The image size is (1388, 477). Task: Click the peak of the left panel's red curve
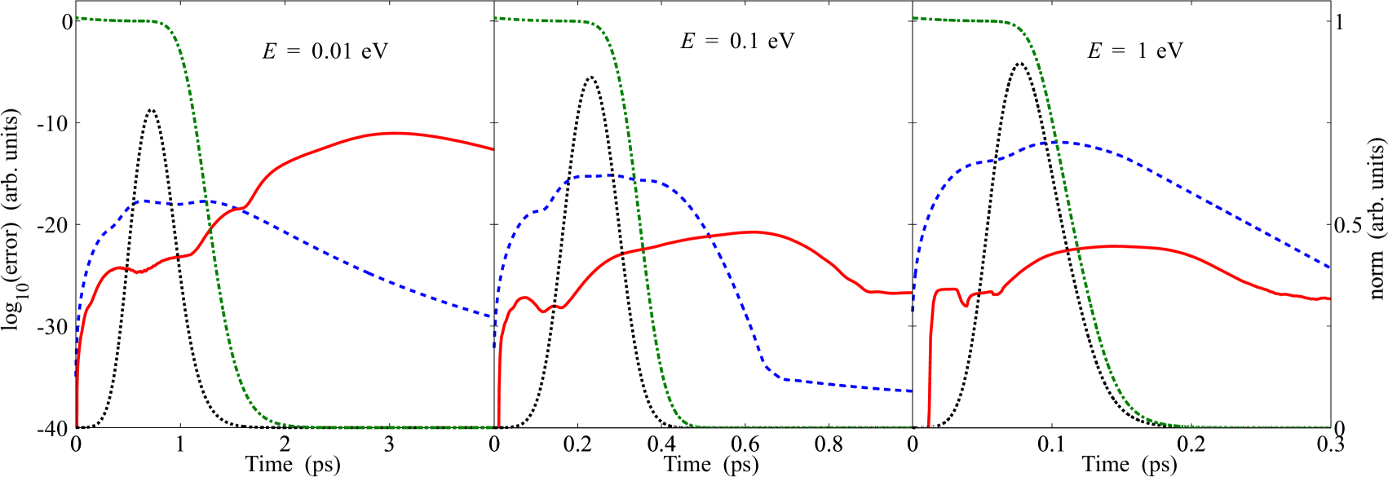point(395,133)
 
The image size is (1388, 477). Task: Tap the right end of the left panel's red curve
point(493,149)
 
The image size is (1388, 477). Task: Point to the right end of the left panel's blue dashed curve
point(493,316)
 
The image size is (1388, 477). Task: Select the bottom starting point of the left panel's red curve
point(77,425)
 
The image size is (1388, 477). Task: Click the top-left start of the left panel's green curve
point(77,18)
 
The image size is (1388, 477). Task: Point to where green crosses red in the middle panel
point(643,249)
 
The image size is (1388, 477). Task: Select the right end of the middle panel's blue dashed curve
point(911,391)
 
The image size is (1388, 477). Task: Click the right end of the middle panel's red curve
point(911,292)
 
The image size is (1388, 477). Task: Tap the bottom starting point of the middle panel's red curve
point(498,426)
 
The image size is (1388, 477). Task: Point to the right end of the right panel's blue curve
point(1330,267)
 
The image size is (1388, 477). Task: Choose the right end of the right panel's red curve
point(1330,298)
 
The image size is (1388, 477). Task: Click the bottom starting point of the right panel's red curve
point(929,426)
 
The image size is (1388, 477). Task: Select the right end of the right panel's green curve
point(1330,426)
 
